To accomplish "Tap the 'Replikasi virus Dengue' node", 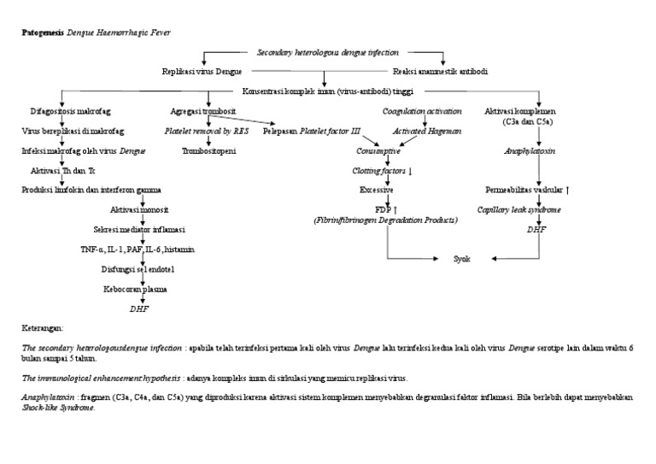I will point(202,72).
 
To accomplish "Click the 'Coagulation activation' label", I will point(422,112).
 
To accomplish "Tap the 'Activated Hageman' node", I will point(426,132).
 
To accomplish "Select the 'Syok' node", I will point(461,257).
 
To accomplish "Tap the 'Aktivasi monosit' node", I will point(138,210).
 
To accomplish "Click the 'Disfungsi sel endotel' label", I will point(138,269).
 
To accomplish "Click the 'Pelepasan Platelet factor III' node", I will point(312,132).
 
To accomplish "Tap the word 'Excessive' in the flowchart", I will point(377,190).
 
